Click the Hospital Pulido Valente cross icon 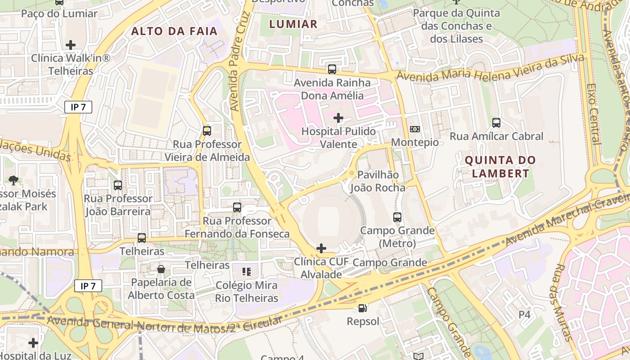338,118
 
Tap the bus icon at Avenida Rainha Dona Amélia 332,69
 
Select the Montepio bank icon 415,129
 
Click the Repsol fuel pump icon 363,308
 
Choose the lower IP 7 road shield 88,286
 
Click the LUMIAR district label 293,24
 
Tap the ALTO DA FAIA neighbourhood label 174,31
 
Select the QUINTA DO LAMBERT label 500,166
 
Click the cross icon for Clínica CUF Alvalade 321,248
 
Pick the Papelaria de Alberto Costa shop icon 161,269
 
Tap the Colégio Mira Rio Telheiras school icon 246,271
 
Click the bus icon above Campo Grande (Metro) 397,217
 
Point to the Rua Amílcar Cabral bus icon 496,122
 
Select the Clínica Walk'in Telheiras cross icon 70,45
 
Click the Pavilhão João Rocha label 378,181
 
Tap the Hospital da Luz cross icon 33,343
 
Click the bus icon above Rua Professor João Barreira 118,185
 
